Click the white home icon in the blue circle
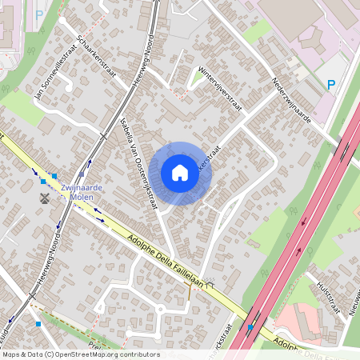(180, 172)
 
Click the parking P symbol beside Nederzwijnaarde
(331, 84)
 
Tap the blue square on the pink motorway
(250, 326)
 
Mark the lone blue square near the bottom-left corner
(38, 324)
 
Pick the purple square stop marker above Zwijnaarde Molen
(81, 173)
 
